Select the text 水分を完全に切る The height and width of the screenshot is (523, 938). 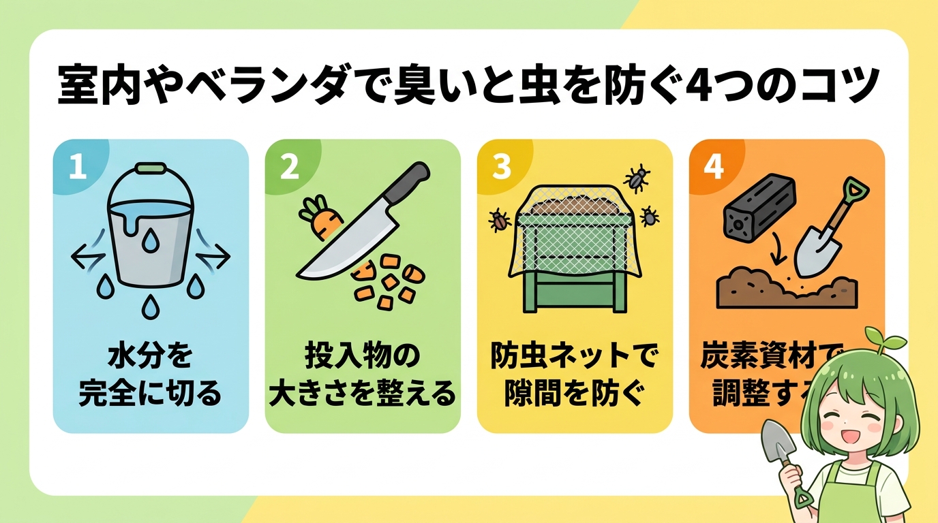(x=150, y=374)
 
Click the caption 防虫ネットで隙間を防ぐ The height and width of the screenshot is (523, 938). (x=574, y=374)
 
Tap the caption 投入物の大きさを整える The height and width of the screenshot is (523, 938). (x=362, y=374)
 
